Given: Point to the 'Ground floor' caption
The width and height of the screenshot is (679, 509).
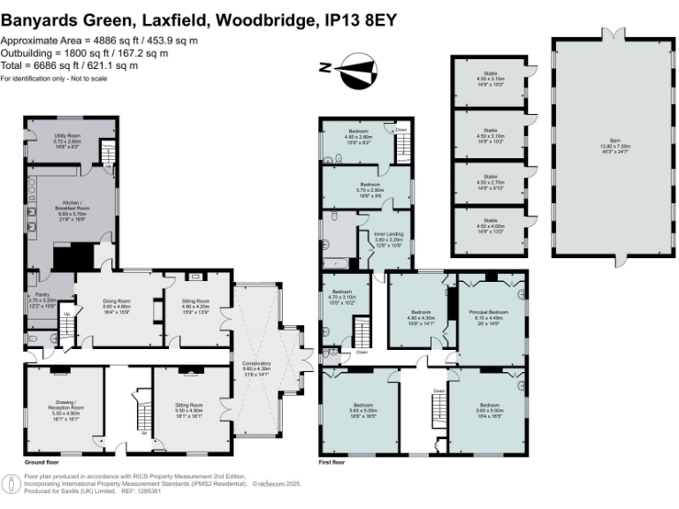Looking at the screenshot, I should click(42, 462).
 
